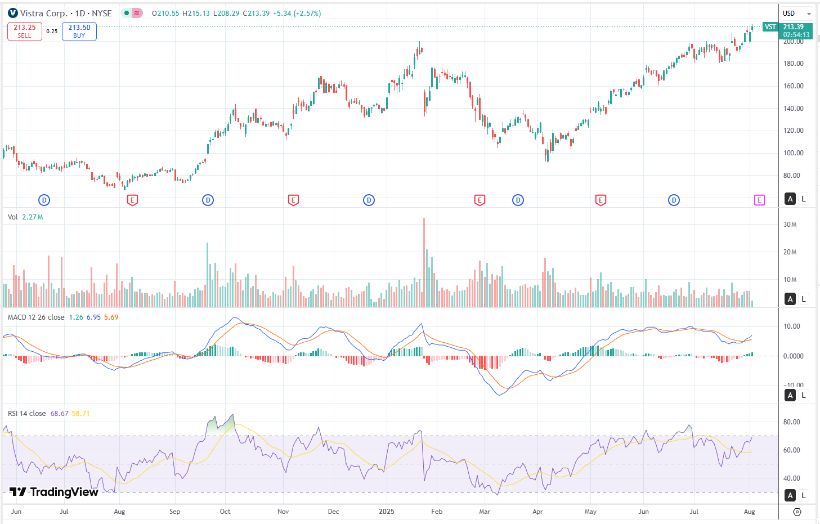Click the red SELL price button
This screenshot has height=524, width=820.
(x=25, y=32)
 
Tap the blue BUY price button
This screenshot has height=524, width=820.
(x=79, y=32)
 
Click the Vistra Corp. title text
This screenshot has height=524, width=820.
(x=44, y=13)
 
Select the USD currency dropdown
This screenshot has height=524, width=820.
(x=796, y=13)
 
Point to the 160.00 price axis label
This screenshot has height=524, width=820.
(x=793, y=86)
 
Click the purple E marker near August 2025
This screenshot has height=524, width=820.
(x=759, y=200)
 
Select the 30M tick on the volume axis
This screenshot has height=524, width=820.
(x=790, y=225)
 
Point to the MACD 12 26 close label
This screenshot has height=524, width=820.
(x=36, y=317)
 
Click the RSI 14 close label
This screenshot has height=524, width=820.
(x=27, y=414)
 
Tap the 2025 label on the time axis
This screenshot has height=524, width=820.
(x=387, y=512)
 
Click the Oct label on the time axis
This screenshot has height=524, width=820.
(x=225, y=512)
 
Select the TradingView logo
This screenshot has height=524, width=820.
(x=54, y=492)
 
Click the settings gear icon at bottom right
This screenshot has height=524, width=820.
(x=797, y=512)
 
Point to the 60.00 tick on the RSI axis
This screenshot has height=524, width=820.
(x=792, y=450)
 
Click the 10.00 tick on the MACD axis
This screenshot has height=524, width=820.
(x=792, y=326)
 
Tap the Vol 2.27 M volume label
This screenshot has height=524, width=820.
(x=25, y=217)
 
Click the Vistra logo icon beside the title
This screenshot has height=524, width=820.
(x=13, y=13)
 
